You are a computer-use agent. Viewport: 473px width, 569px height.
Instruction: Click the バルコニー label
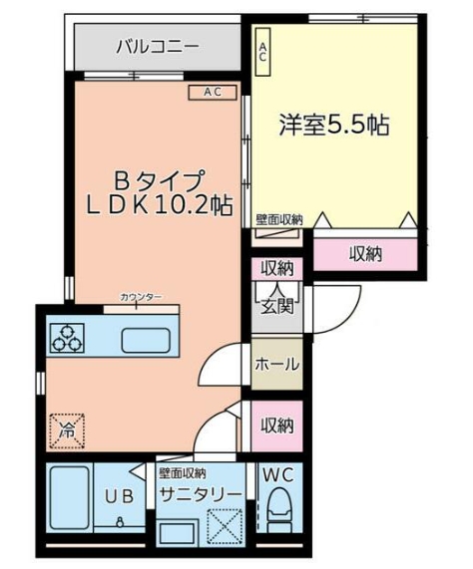coord(157,46)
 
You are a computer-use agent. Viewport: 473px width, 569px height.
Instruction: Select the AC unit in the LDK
coord(212,93)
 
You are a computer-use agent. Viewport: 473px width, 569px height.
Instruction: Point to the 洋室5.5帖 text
coord(333,127)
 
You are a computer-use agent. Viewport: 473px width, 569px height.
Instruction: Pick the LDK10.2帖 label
coord(159,206)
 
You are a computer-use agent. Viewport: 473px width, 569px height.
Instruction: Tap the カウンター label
coord(140,297)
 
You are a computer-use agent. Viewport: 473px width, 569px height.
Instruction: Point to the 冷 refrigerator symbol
coord(67,431)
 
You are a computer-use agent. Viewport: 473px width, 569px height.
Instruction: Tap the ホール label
coord(276,365)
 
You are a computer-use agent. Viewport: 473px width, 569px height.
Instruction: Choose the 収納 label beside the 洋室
coord(365,254)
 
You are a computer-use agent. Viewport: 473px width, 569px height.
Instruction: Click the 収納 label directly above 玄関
coord(276,267)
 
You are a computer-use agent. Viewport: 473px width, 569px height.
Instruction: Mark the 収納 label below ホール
coord(276,426)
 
